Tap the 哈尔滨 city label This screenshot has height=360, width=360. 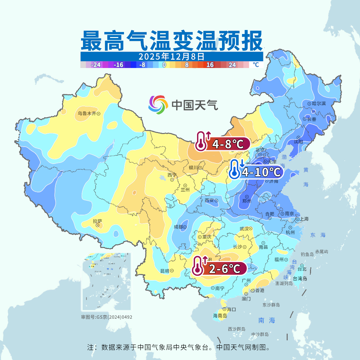click(x=319, y=104)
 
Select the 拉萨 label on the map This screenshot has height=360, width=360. click(x=97, y=221)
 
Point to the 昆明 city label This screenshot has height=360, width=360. click(x=165, y=271)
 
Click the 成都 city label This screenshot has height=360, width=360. click(x=178, y=227)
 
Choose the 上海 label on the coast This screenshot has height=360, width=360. click(x=304, y=219)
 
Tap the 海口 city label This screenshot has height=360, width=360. click(x=231, y=309)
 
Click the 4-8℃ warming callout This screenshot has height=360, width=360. click(x=222, y=144)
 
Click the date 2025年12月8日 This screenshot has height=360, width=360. click(x=171, y=56)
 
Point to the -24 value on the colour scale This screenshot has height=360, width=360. click(x=96, y=65)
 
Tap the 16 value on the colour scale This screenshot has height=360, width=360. click(x=210, y=65)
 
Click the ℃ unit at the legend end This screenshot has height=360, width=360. click(x=256, y=65)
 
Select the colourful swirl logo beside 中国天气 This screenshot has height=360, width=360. click(x=158, y=105)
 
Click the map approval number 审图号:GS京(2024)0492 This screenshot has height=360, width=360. click(x=107, y=317)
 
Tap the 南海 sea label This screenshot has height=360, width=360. click(x=267, y=320)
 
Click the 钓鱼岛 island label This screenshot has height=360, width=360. click(x=307, y=254)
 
